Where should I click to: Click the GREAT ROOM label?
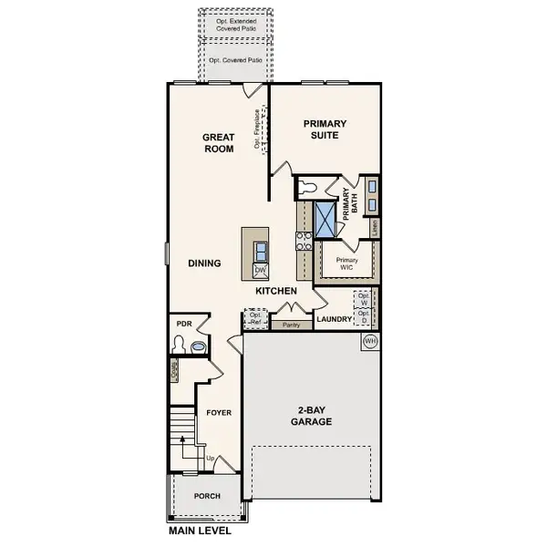pos(219,143)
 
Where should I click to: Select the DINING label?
pos(204,263)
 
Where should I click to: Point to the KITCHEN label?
pos(276,290)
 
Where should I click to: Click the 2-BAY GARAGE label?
pos(312,416)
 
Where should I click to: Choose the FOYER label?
pos(218,412)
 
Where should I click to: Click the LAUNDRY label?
pos(332,319)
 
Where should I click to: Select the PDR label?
pos(183,324)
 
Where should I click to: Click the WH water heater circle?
pos(370,341)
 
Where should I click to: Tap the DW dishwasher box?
pos(260,271)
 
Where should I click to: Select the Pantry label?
pos(292,325)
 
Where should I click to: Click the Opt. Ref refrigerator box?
pos(255,319)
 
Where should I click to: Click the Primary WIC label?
pos(346,264)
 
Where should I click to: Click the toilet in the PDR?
pos(181,346)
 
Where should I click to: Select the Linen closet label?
pos(375,228)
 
